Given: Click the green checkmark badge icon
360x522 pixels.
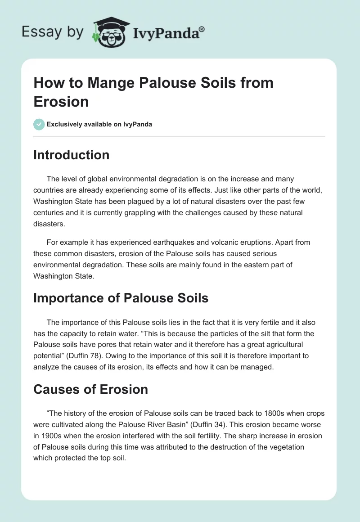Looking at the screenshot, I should [x=39, y=124].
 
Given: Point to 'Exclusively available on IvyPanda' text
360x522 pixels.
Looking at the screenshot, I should [x=99, y=124].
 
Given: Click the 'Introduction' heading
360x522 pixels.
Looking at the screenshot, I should [x=72, y=155].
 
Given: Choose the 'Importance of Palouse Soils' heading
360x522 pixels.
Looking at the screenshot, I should [x=121, y=298].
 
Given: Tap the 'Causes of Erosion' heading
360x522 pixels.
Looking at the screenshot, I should [x=91, y=389].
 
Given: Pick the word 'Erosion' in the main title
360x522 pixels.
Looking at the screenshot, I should [x=61, y=101].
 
